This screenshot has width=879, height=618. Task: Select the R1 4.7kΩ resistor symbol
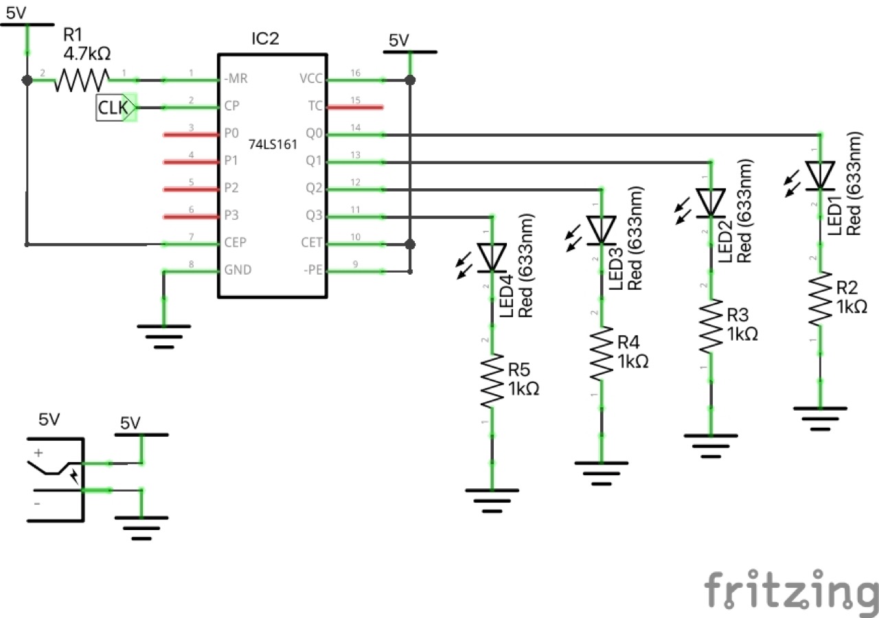pos(82,80)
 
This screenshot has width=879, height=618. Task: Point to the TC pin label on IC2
pos(314,107)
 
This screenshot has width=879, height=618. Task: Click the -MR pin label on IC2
pos(236,80)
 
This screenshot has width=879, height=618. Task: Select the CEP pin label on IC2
pos(235,243)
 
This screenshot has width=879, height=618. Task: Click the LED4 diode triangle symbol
pos(492,257)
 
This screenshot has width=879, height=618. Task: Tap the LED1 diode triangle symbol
pos(820,175)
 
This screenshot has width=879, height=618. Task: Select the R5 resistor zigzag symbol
pos(492,381)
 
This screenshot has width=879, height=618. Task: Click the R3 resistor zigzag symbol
pos(711,327)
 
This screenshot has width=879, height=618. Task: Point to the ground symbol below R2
pos(820,416)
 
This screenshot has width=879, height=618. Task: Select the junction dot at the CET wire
pos(410,244)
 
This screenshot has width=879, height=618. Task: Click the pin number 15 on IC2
pos(355,100)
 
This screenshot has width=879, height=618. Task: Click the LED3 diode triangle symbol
pos(602,230)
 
